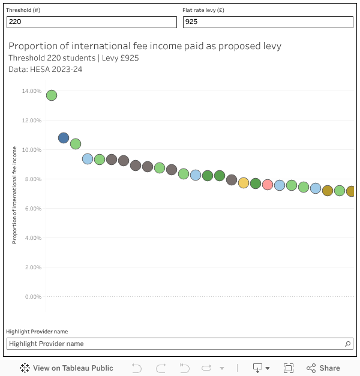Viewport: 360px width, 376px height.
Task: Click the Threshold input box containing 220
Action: point(91,22)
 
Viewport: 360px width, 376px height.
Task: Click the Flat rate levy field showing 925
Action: point(268,22)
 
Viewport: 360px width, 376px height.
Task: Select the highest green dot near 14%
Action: point(52,95)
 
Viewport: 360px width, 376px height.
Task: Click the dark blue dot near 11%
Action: point(64,138)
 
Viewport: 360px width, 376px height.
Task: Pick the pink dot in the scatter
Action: point(268,185)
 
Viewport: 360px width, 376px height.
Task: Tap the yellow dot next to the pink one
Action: point(244,183)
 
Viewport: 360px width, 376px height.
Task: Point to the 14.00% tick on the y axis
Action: point(31,91)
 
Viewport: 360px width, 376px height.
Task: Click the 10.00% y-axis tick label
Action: point(31,150)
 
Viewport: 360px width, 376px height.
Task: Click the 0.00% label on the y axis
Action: point(32,297)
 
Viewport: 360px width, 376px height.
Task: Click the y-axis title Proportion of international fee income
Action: point(14,195)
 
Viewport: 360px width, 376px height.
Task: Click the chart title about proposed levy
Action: point(145,46)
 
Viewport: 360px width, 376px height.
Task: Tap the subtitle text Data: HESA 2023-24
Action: point(46,69)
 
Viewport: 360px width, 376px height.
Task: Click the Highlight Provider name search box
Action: point(174,344)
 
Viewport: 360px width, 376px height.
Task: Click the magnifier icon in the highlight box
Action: point(348,344)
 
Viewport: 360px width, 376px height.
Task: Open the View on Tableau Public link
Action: point(67,368)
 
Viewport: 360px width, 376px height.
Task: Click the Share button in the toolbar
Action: point(323,368)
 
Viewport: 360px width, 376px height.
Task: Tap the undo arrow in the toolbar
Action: point(137,368)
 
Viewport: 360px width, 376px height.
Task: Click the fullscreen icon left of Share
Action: point(289,368)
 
